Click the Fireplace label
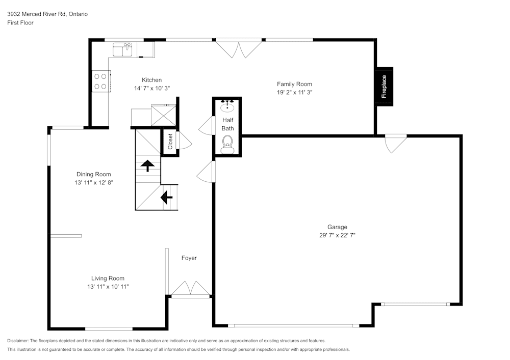(x=384, y=87)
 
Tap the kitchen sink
(x=123, y=50)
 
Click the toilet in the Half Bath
(x=227, y=144)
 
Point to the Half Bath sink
(x=227, y=107)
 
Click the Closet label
(x=170, y=141)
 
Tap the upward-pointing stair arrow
(x=148, y=165)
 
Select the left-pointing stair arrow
(x=166, y=197)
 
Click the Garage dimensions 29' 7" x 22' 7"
(x=337, y=235)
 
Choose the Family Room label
(x=294, y=84)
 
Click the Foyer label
(x=189, y=258)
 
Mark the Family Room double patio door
(x=239, y=49)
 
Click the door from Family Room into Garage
(x=395, y=143)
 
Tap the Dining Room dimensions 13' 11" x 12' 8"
(x=93, y=182)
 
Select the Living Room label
(x=108, y=278)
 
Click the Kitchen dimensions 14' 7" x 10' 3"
(x=151, y=88)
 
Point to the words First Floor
(x=20, y=23)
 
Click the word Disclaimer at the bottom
(x=18, y=341)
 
